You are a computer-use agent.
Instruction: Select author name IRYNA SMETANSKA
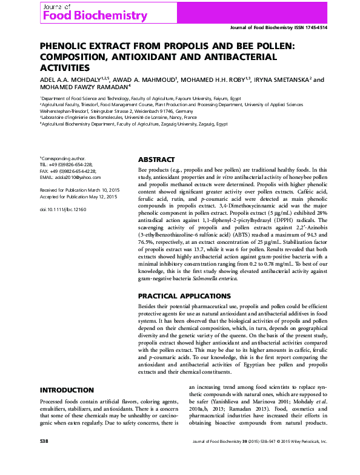pyautogui.click(x=283, y=79)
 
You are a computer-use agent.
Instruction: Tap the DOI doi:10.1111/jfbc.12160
pyautogui.click(x=63, y=208)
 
